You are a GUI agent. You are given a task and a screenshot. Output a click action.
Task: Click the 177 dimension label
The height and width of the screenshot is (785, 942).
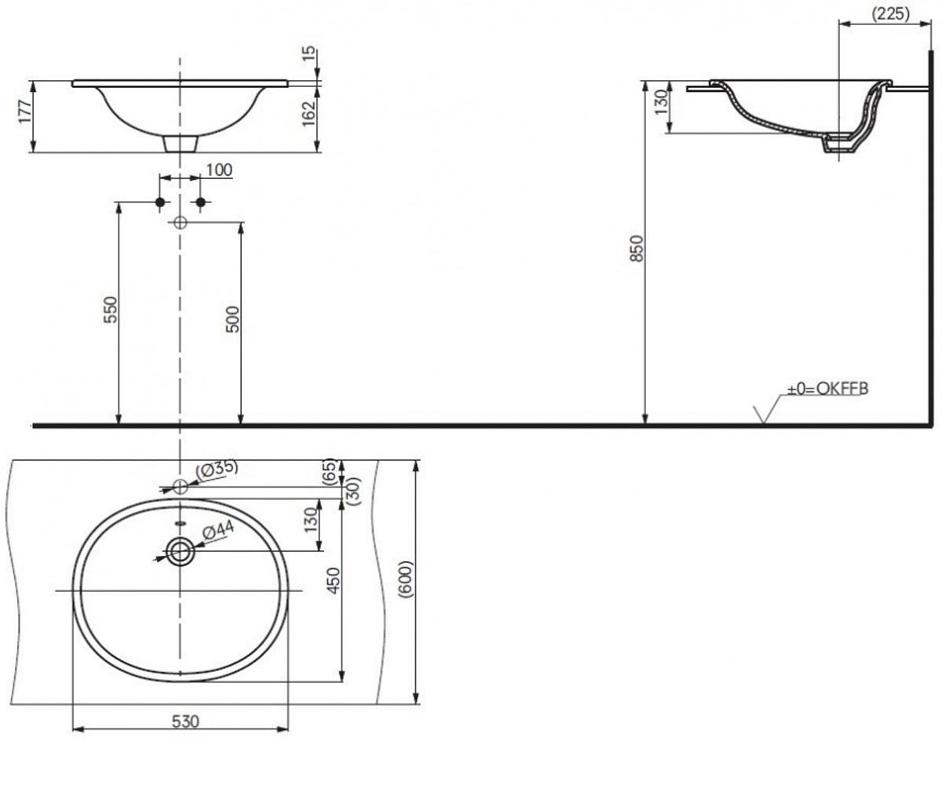click(25, 111)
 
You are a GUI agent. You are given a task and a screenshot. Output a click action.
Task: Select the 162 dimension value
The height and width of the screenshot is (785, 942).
click(309, 113)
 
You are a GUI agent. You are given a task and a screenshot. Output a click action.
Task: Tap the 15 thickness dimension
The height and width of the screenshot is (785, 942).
click(309, 54)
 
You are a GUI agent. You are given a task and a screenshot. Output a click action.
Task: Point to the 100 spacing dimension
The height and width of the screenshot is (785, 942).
click(219, 170)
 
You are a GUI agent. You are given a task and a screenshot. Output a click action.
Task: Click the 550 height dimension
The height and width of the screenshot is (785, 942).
click(110, 309)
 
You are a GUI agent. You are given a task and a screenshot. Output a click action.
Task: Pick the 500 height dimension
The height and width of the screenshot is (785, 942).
click(232, 319)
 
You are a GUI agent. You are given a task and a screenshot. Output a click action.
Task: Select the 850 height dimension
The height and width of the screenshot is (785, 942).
click(637, 248)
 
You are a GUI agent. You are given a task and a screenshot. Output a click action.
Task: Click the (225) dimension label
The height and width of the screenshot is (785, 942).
click(890, 14)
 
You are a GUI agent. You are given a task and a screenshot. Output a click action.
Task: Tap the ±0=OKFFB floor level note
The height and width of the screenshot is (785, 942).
click(827, 389)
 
